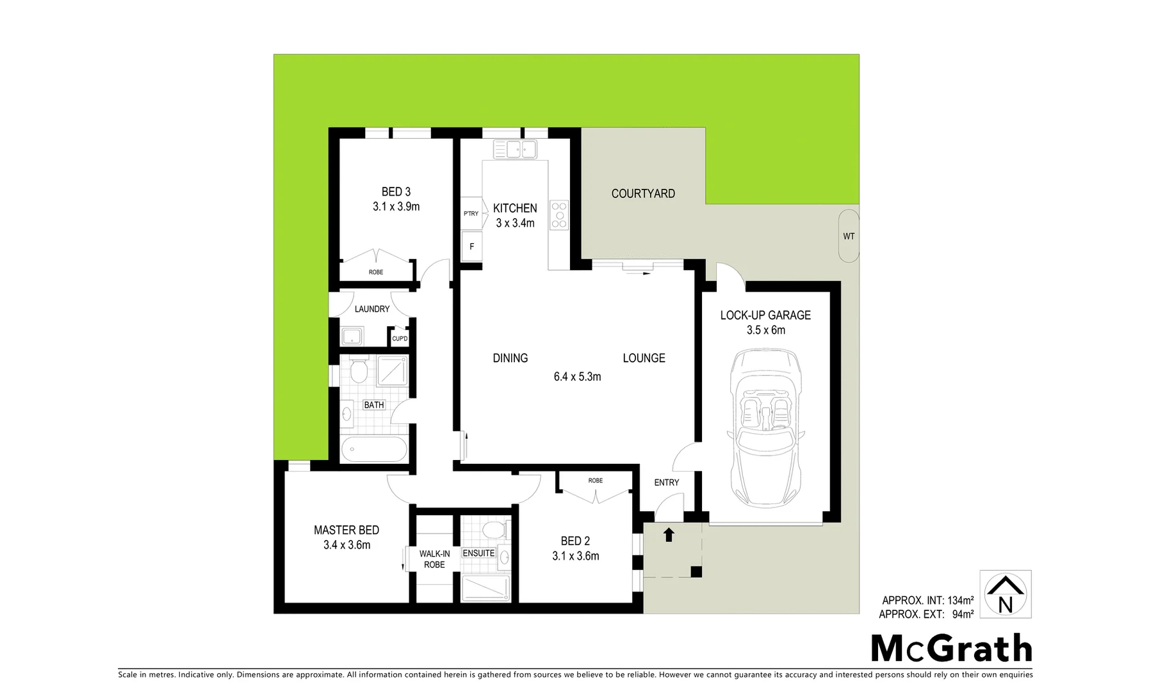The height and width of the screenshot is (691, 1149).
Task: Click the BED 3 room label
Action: [x=396, y=192]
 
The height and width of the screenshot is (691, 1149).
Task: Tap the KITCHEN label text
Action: [x=515, y=208]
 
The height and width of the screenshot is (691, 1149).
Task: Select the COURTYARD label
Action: [x=643, y=193]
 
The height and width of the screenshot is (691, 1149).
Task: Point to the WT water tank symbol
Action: [x=849, y=236]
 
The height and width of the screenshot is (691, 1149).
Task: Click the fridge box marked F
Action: [x=472, y=246]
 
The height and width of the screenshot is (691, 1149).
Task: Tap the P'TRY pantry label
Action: [x=471, y=213]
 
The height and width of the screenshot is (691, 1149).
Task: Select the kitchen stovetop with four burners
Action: [x=559, y=214]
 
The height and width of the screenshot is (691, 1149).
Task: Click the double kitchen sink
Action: [x=514, y=150]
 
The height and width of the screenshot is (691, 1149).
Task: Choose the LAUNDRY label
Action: [x=372, y=309]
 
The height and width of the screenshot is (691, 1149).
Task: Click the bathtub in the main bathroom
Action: [x=375, y=449]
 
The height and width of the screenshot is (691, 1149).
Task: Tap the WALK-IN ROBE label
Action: [x=434, y=559]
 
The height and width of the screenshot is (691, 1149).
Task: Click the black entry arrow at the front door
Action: [x=669, y=534]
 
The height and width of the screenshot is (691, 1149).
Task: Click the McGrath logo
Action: [x=951, y=649]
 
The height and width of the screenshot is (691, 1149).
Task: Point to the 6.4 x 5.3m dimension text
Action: [x=577, y=377]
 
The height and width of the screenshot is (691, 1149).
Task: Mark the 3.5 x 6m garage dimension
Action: [x=765, y=330]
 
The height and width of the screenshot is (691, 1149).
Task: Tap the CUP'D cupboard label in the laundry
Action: [x=400, y=338]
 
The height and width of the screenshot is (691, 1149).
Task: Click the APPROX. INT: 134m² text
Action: [x=927, y=600]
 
